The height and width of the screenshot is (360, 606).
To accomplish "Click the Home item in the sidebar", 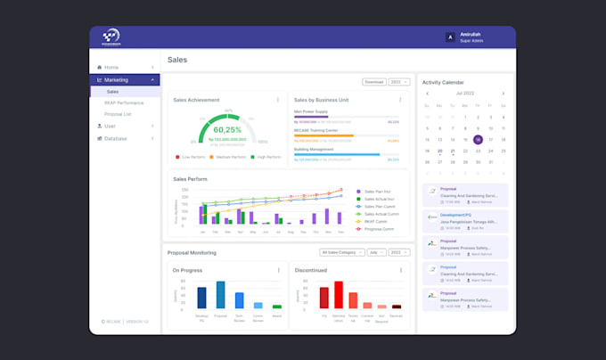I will click(x=111, y=67).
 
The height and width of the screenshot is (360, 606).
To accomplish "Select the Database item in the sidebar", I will click(x=116, y=138).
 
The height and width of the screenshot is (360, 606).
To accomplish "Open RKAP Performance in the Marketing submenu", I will click(x=124, y=102).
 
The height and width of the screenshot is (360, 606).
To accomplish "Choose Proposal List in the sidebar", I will click(x=118, y=114).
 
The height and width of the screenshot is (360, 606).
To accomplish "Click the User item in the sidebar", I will click(x=110, y=126).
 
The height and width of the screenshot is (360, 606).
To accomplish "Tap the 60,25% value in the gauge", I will click(x=228, y=129).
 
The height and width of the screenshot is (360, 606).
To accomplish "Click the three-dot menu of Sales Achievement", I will click(x=278, y=100).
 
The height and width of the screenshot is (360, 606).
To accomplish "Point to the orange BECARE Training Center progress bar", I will click(x=323, y=135).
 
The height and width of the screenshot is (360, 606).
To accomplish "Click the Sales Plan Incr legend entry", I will click(x=380, y=192).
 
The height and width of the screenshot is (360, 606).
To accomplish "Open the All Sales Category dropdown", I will click(x=339, y=252).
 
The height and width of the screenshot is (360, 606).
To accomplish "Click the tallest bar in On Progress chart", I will click(x=220, y=295).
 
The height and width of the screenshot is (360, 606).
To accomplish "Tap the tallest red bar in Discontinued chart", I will click(x=339, y=295).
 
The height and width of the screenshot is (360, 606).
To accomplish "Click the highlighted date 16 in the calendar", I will click(x=478, y=139).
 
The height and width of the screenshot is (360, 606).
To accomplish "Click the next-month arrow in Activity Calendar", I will click(x=503, y=93).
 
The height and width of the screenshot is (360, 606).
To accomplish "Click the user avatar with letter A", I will click(x=450, y=37).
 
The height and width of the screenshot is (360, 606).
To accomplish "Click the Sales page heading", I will click(x=177, y=60).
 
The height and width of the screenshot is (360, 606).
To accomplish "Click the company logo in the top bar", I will click(x=111, y=37).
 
